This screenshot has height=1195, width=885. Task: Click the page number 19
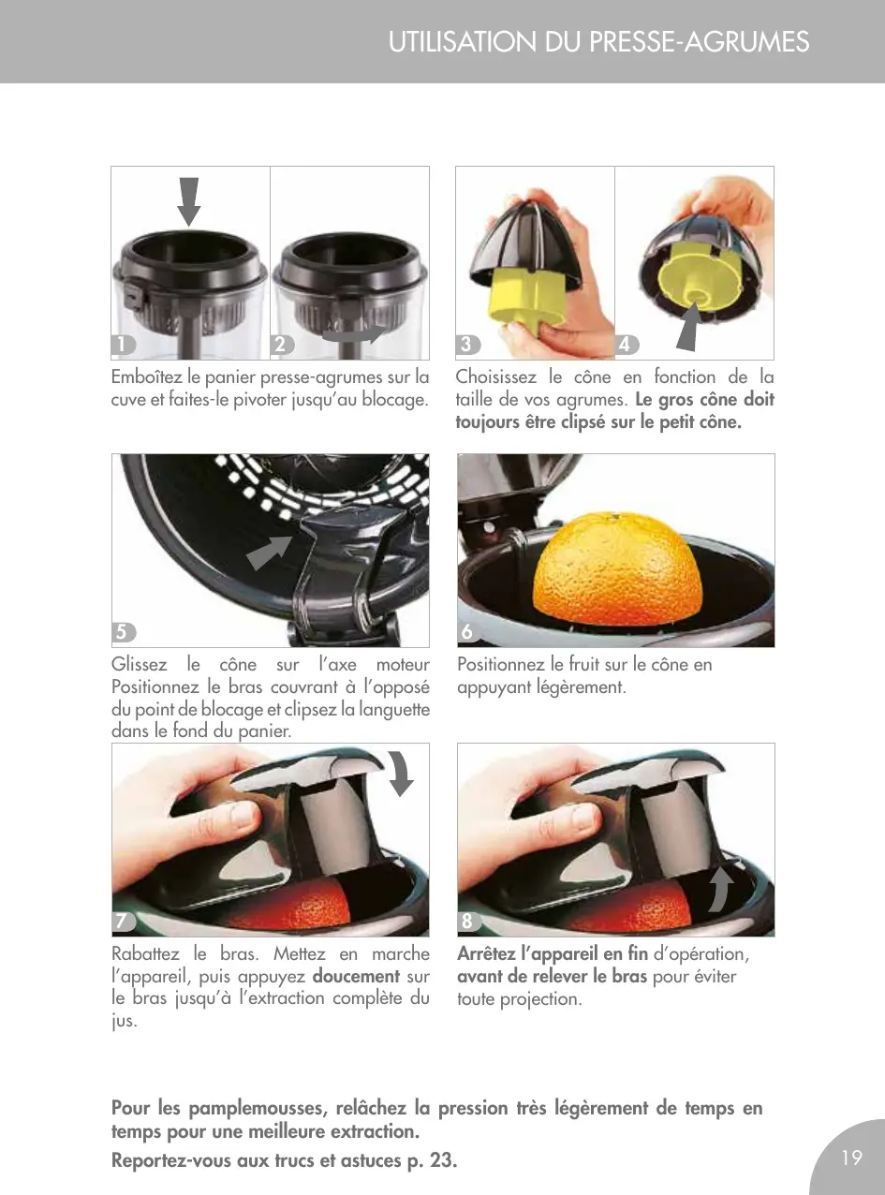[851, 1157]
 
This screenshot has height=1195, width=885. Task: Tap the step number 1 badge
[123, 345]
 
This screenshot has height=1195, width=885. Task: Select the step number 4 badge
[627, 345]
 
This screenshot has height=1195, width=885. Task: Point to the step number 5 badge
[124, 632]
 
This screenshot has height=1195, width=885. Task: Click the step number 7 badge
[124, 922]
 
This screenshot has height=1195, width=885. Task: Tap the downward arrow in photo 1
[188, 201]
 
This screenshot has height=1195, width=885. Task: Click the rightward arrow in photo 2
[354, 334]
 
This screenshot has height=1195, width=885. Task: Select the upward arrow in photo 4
[690, 327]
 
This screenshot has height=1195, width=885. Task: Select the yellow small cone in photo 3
[524, 297]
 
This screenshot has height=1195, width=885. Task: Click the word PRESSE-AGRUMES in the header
[699, 42]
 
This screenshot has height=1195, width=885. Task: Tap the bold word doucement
[356, 976]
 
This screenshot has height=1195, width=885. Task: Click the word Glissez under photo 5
[139, 664]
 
